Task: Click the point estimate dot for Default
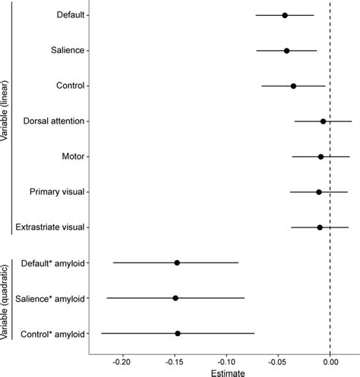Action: (x=285, y=15)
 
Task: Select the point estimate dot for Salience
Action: (x=286, y=51)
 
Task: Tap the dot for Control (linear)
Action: (x=293, y=86)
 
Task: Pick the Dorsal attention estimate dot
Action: (x=323, y=121)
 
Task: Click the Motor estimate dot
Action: (x=321, y=157)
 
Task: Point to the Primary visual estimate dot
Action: (x=319, y=192)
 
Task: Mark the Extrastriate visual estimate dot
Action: (x=320, y=227)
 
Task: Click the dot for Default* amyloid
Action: (x=177, y=262)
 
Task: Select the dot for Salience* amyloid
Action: (x=175, y=298)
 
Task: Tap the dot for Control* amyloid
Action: (x=178, y=333)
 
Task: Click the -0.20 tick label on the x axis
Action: (x=121, y=362)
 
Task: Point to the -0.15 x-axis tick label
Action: (x=173, y=362)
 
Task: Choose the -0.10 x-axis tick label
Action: (x=226, y=362)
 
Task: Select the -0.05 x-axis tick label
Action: (x=277, y=362)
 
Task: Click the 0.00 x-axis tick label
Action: (x=330, y=362)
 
